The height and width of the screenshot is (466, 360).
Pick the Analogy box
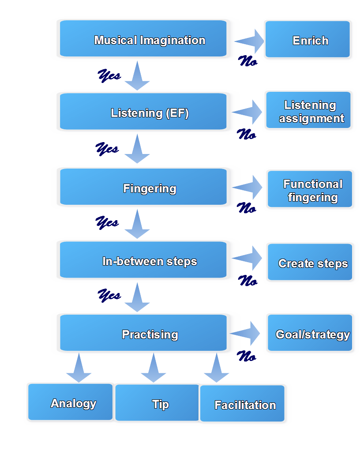pos(71,402)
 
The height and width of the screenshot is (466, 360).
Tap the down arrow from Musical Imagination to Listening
pos(137,76)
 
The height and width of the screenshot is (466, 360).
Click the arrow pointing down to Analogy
pos(79,368)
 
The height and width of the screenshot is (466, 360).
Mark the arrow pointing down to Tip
pos(153,368)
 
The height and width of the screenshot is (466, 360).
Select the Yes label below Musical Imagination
pos(109,75)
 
